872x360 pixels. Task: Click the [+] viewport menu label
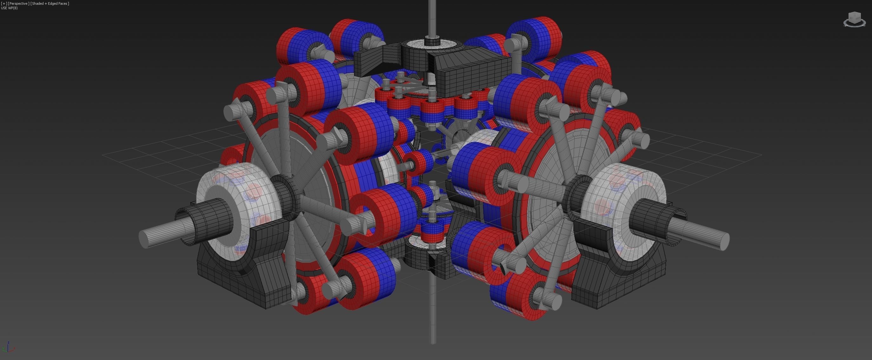click(4, 3)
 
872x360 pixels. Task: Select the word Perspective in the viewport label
click(19, 3)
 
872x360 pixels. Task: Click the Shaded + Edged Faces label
click(50, 3)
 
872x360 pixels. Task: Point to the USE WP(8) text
click(10, 8)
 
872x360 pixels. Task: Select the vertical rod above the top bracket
click(432, 19)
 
